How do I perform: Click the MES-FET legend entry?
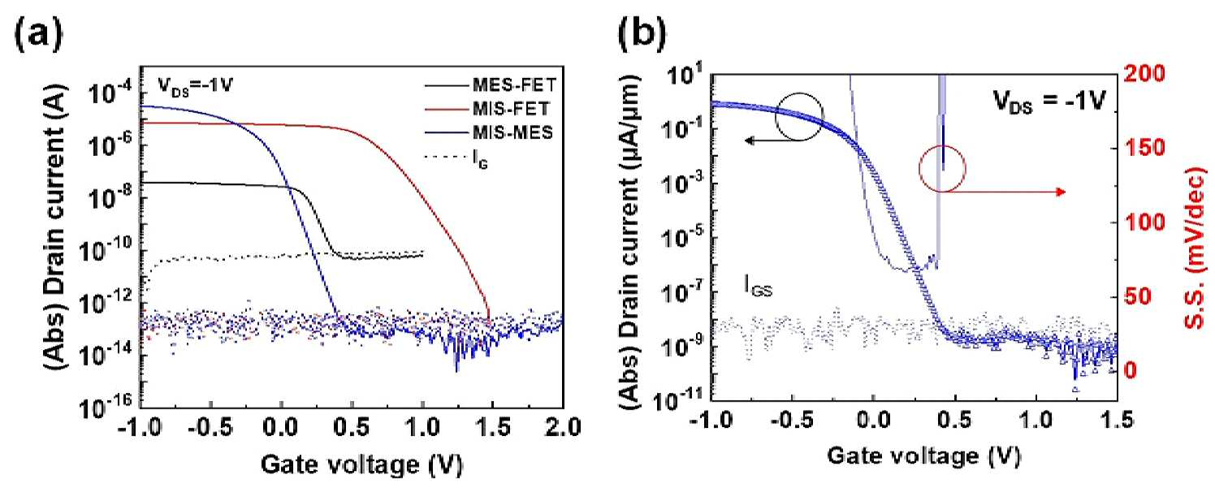coord(491,85)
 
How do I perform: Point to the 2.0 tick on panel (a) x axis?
coord(563,429)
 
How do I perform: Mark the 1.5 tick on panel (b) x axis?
coord(1116,421)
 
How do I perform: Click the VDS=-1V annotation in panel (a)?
coord(195,86)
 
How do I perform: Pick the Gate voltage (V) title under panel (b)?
coord(923,456)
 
